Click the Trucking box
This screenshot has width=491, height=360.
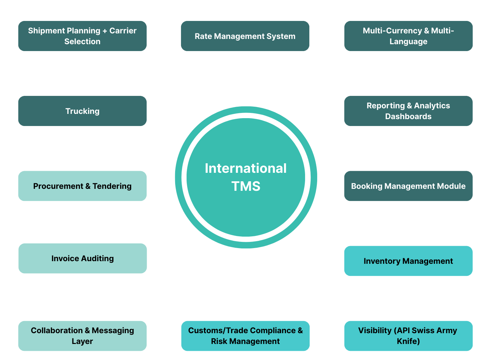click(82, 111)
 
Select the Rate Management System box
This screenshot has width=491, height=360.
click(245, 36)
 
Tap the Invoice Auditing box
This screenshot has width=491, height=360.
click(82, 258)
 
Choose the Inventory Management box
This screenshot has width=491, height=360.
click(408, 261)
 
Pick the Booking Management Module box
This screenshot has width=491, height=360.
click(408, 186)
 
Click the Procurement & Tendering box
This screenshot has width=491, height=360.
click(82, 186)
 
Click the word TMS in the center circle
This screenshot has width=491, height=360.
click(246, 186)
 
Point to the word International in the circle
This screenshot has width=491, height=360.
click(245, 168)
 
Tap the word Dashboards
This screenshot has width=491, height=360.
click(408, 117)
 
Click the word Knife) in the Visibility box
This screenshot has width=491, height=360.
click(408, 341)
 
